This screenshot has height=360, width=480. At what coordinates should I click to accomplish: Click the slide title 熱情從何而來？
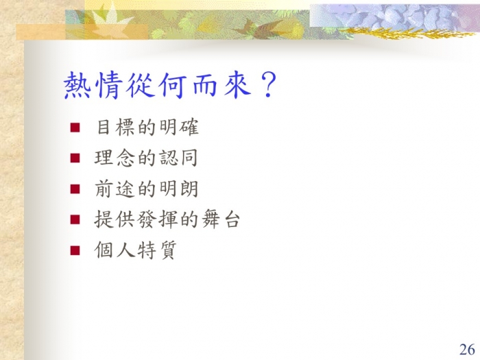170,85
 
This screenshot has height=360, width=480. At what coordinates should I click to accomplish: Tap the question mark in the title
268,85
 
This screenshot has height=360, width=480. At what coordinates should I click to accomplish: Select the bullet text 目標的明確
147,127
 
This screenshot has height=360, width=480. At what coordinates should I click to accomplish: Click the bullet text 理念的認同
146,158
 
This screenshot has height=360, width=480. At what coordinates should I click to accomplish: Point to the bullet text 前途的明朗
147,189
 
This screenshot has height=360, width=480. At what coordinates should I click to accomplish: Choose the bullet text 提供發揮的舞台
167,219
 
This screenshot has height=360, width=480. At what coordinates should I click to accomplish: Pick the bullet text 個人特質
136,250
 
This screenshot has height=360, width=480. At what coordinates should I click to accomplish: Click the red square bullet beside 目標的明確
75,128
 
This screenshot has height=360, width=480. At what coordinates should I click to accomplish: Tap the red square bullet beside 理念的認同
75,158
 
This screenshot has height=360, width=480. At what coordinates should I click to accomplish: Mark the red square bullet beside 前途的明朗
75,189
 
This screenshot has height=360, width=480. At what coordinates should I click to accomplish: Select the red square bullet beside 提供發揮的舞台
75,219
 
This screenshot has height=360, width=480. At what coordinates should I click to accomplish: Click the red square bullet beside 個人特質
75,250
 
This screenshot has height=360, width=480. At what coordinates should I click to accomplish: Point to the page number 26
467,349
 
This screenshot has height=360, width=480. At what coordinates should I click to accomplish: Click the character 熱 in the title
77,85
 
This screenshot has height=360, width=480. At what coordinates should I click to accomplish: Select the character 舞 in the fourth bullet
211,219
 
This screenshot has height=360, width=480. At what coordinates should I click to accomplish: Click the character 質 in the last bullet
168,250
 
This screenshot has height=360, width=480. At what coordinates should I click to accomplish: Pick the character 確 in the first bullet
189,127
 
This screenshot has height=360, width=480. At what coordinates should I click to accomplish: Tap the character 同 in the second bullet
189,158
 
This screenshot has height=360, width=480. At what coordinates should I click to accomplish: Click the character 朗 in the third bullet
189,189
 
